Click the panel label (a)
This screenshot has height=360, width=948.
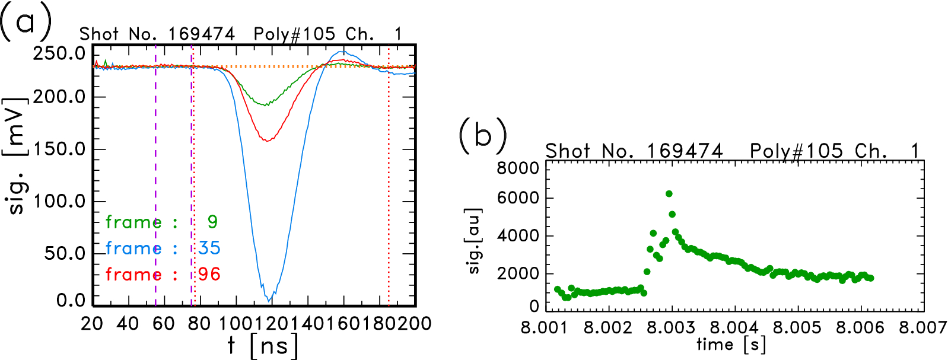[x=25, y=23]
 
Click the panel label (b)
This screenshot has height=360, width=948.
[x=482, y=136]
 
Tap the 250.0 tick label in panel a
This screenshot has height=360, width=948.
[x=59, y=53]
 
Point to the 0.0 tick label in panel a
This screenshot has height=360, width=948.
[x=71, y=300]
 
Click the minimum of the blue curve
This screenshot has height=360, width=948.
[x=269, y=300]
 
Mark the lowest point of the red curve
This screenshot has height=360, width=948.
[x=268, y=141]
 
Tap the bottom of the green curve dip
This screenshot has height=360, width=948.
[x=266, y=105]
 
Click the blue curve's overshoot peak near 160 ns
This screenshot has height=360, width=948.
[x=343, y=52]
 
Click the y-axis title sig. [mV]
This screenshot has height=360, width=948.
[x=16, y=155]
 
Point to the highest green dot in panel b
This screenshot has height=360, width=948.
[x=669, y=194]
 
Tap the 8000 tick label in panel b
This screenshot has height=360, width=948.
[x=517, y=168]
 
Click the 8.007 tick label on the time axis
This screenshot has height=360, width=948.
[x=922, y=327]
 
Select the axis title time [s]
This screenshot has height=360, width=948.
[x=731, y=345]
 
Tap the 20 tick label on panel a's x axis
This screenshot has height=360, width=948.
[x=92, y=323]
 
